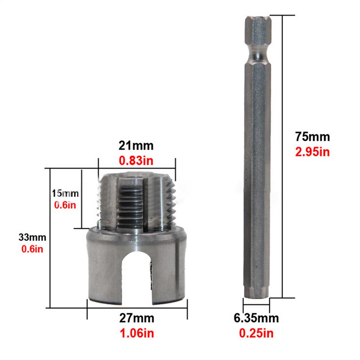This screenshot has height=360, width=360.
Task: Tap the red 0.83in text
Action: (136, 160)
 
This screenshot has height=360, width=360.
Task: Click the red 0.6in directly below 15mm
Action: (65, 205)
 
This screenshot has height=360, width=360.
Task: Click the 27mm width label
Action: (137, 319)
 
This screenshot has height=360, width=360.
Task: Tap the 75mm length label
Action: (312, 137)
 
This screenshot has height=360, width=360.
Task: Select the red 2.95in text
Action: (312, 152)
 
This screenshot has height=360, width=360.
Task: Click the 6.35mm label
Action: (256, 318)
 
